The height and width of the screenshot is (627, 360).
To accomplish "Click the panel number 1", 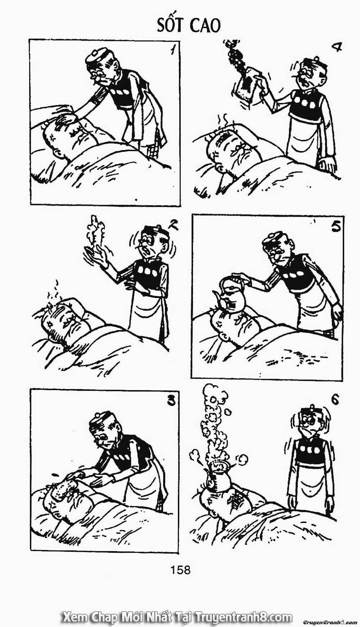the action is (x=174, y=51).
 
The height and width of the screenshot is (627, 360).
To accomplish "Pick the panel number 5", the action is (x=336, y=227).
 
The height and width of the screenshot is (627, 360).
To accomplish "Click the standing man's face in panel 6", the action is (x=309, y=421).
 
